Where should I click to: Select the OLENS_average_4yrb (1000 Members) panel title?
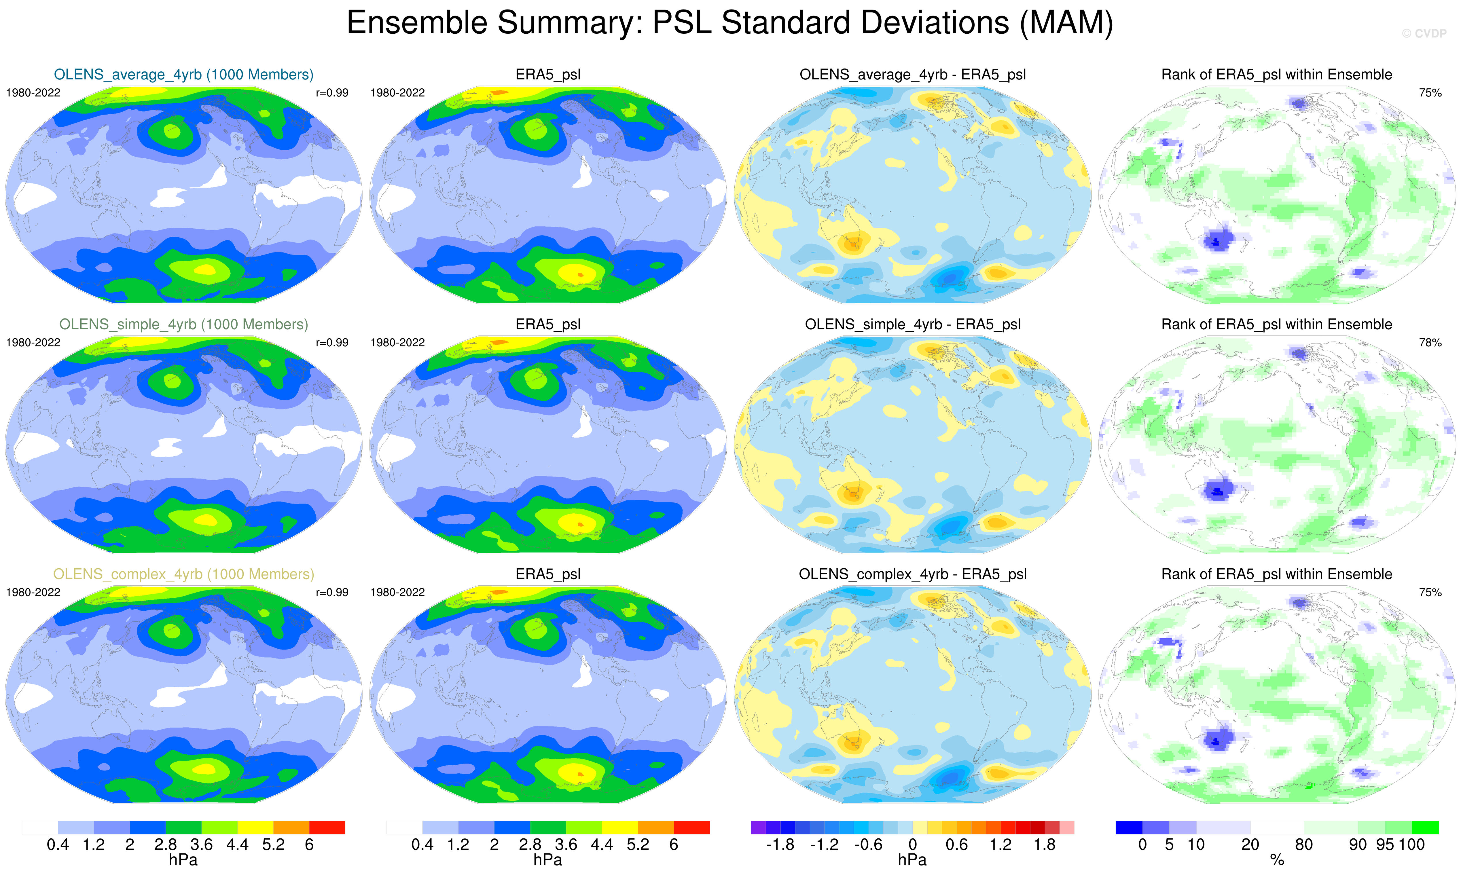[x=183, y=75]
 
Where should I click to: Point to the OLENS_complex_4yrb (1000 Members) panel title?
[x=183, y=574]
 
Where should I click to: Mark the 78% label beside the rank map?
[x=1430, y=343]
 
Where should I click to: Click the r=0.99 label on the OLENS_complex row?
[x=332, y=593]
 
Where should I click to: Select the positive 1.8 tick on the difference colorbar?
[x=1044, y=845]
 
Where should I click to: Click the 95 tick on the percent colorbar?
[x=1385, y=845]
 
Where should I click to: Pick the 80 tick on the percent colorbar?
[x=1303, y=845]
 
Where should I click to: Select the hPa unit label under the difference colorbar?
[x=912, y=860]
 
